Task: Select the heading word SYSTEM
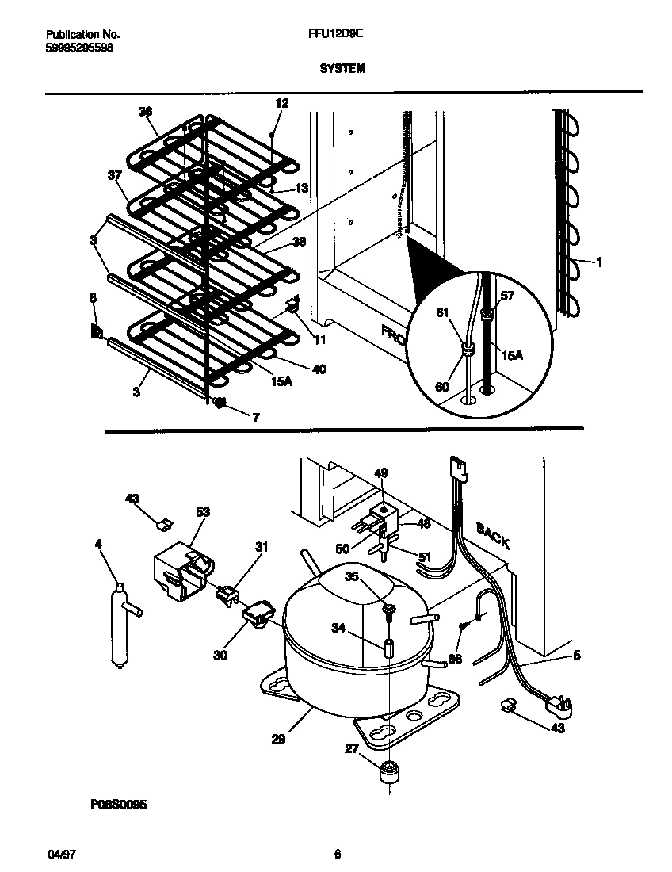342,69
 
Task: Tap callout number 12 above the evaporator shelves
282,103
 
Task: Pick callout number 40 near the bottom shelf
319,369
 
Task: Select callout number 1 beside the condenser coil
598,262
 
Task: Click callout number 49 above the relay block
381,473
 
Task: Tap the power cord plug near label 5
561,702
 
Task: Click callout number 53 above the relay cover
202,512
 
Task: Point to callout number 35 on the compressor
351,576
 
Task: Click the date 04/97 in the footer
61,855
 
